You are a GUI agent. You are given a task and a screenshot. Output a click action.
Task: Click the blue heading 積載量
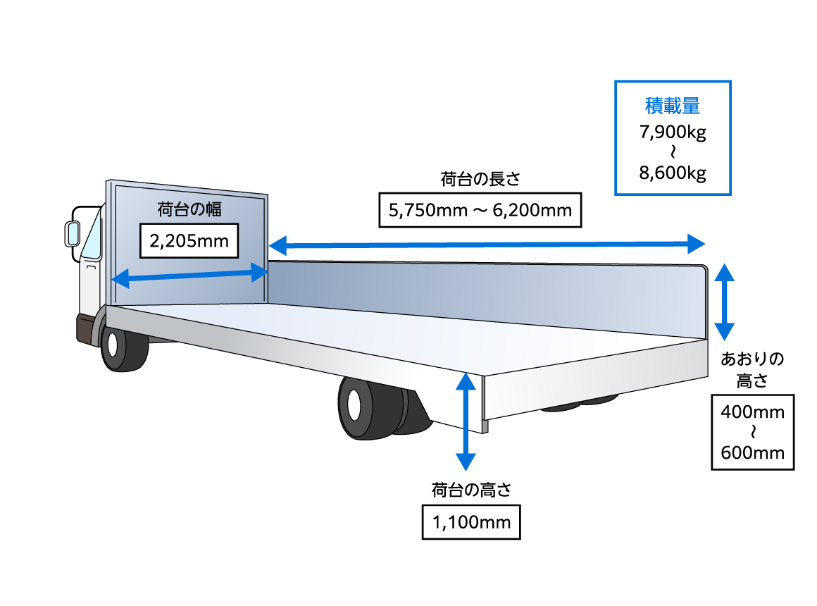673,106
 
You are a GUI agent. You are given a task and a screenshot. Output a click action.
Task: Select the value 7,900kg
673,132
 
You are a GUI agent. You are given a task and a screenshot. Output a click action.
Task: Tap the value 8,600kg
673,173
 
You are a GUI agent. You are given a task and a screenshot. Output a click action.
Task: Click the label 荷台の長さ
480,179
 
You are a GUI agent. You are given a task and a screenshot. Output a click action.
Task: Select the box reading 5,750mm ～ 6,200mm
480,210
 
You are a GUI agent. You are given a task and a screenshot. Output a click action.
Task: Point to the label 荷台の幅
189,209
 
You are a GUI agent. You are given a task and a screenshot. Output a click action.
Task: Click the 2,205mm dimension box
189,242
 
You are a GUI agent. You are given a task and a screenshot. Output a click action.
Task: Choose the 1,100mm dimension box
471,522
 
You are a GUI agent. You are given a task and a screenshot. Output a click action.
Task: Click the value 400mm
752,412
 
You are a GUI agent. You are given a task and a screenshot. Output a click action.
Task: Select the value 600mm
752,452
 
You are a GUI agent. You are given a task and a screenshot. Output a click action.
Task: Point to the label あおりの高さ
752,370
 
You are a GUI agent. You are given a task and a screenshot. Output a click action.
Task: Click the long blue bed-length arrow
486,245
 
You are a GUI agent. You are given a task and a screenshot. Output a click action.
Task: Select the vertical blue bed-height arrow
465,421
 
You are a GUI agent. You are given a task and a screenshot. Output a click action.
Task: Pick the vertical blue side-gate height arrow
725,302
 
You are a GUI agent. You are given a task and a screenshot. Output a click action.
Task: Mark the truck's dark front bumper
86,328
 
